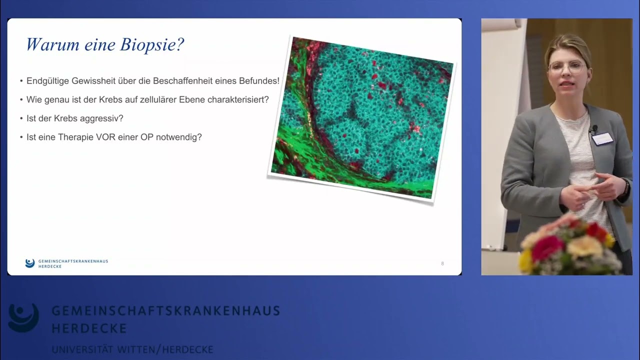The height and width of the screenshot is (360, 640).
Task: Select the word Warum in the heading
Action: coord(52,44)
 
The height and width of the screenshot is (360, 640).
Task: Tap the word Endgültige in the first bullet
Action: coord(47,81)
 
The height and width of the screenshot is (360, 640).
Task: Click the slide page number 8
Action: coord(442,263)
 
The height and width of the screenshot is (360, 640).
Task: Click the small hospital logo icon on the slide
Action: coord(29,263)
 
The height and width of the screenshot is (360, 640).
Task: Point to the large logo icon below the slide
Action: coord(23,317)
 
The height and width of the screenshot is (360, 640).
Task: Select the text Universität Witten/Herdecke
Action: coord(132,349)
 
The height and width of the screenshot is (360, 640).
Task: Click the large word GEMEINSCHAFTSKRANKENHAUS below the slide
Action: coord(166,311)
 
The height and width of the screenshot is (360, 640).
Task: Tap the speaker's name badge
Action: coord(602,139)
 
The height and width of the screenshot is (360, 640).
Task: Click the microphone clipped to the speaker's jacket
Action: coord(594,128)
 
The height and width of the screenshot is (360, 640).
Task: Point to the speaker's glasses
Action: coord(567,67)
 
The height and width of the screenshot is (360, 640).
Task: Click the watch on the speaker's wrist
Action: coord(626,187)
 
